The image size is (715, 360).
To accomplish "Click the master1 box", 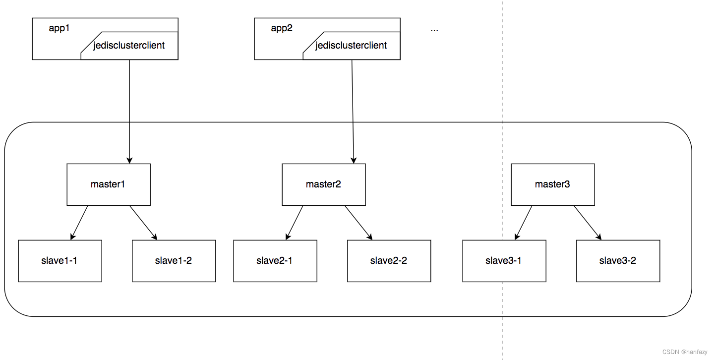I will click(x=109, y=184).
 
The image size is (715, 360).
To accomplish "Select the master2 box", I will click(x=324, y=184).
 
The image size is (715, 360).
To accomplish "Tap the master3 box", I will click(x=552, y=184).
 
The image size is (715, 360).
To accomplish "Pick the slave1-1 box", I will click(x=60, y=261).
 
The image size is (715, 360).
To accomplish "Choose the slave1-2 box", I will click(x=174, y=261).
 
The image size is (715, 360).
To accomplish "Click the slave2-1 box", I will click(x=275, y=261).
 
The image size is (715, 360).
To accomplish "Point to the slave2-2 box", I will click(x=389, y=261).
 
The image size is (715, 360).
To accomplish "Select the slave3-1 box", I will click(x=504, y=261).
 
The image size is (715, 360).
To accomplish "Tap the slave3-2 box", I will click(x=618, y=261).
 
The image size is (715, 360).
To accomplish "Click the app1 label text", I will click(x=59, y=28).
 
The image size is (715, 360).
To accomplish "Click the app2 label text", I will click(x=282, y=28).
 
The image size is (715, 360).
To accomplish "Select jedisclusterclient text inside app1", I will click(x=129, y=46).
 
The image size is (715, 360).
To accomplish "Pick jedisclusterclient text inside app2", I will click(x=351, y=46).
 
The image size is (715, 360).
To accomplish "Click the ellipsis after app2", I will click(x=434, y=29).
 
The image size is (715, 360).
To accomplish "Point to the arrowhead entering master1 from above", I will click(x=129, y=160).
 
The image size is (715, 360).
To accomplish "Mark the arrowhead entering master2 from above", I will click(x=354, y=160).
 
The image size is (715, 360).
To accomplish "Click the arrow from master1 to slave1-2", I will click(x=144, y=222).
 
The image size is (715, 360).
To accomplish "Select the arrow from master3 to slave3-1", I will click(x=524, y=222).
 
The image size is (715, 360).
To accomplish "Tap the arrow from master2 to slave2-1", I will click(x=295, y=222).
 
